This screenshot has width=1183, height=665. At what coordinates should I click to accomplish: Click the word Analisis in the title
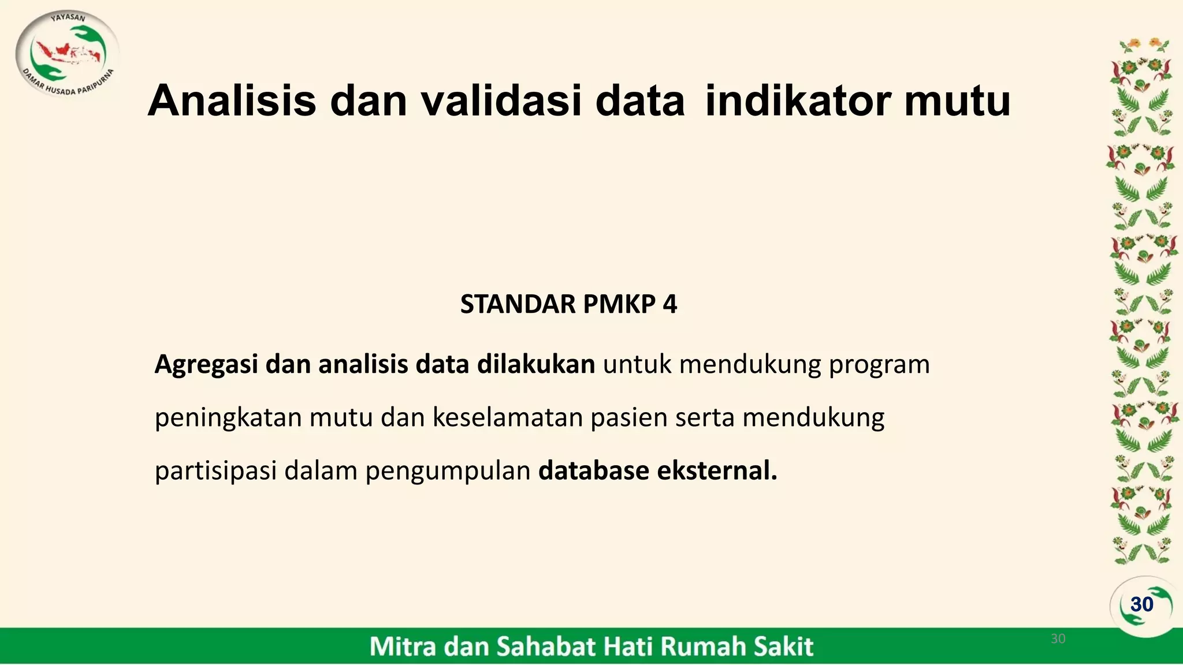click(x=232, y=100)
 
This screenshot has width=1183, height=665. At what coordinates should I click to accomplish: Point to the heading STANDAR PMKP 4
click(x=568, y=304)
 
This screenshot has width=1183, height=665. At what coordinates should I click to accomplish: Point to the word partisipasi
click(x=215, y=471)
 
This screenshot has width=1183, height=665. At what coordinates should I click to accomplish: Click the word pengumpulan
click(x=448, y=471)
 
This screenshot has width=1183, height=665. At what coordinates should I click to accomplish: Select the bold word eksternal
click(x=717, y=471)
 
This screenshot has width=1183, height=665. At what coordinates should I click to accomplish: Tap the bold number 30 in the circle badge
click(x=1142, y=604)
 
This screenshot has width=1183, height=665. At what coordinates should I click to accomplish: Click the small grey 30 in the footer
click(x=1058, y=638)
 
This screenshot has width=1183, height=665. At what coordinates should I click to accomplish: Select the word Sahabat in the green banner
click(x=539, y=647)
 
